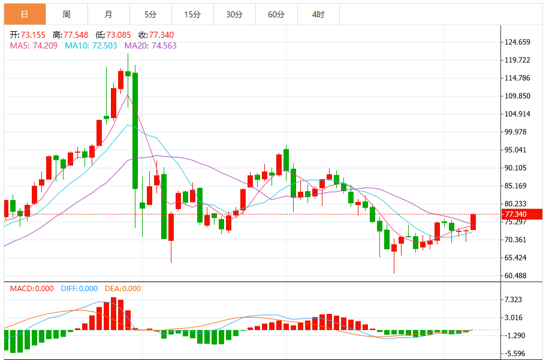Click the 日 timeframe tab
[x=25, y=14]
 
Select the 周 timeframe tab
[x=67, y=14]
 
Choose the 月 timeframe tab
[x=108, y=14]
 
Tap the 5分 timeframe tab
[x=150, y=14]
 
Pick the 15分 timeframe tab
[x=192, y=14]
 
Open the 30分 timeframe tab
[x=234, y=14]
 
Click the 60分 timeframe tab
[x=276, y=14]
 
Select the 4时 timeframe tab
[x=318, y=14]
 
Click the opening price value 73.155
[x=33, y=35]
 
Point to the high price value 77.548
[x=76, y=35]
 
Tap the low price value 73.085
[x=119, y=35]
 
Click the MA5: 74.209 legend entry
[x=34, y=46]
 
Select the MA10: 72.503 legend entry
[x=91, y=46]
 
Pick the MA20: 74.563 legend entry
[x=150, y=46]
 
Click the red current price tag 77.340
[x=521, y=214]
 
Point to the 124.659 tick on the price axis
[x=517, y=42]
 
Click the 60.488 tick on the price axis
[x=515, y=276]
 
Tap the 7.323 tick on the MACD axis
[x=513, y=300]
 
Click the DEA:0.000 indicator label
[x=123, y=289]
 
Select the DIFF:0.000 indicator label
[x=79, y=289]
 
